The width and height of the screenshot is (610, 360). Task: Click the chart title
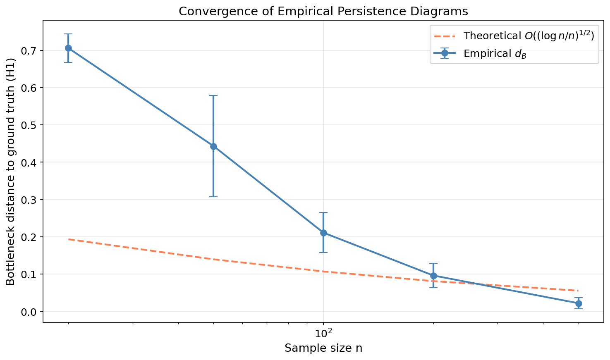coord(323,11)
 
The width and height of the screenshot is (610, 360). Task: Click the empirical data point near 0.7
coord(69,48)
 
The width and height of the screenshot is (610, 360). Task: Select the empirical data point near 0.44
coord(213,146)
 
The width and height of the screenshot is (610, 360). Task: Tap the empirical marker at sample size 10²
coord(323,233)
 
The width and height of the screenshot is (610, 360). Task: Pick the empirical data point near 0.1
coord(433,276)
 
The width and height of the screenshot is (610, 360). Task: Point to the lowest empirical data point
coord(578,303)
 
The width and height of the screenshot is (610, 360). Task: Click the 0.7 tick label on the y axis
coord(29,51)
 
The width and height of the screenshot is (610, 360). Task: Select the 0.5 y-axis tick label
coord(29,125)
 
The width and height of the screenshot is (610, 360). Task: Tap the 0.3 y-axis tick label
coord(29,200)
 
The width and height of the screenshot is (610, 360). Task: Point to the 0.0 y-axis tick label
coord(29,312)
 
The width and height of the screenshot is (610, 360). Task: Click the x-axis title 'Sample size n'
coord(323,348)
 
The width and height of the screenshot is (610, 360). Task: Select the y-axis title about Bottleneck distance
coord(11,172)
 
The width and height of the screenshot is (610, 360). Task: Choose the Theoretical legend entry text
coord(529,36)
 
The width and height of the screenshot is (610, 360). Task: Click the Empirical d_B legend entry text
coord(495,54)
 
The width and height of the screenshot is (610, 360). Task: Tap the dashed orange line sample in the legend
coord(445,36)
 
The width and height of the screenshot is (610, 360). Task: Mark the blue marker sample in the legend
coord(445,53)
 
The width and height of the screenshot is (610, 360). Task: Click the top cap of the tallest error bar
coord(213,95)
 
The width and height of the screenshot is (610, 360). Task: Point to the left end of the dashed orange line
coord(69,239)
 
